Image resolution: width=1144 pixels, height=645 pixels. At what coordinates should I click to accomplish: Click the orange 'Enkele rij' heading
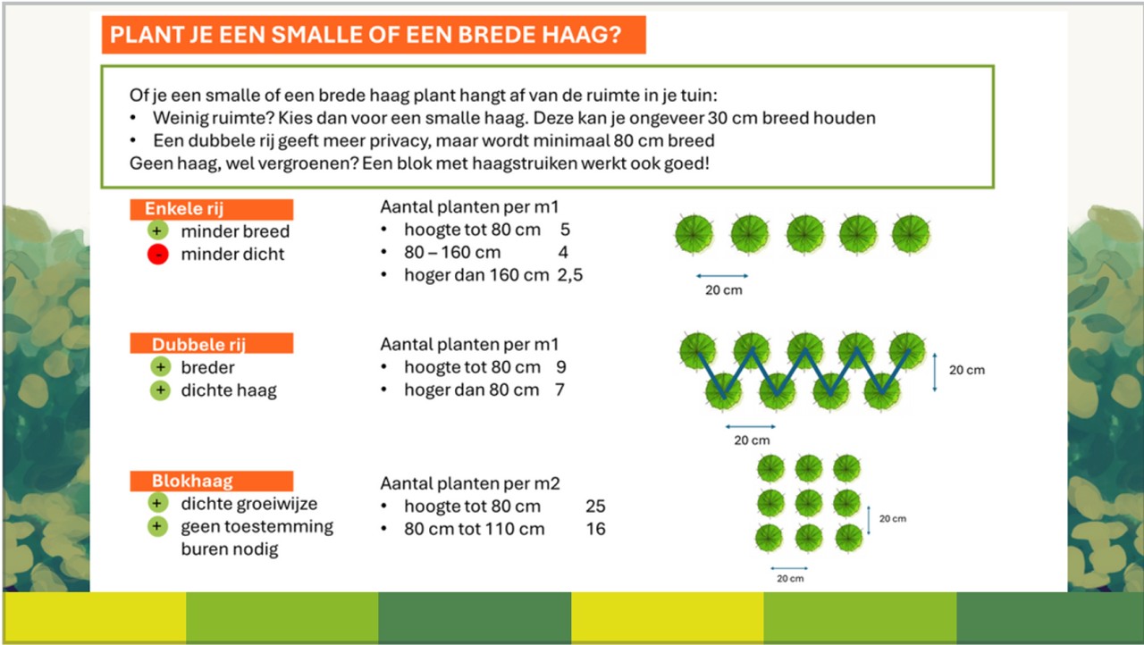(x=212, y=209)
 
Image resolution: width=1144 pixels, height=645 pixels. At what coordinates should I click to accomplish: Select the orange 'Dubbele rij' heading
(x=212, y=343)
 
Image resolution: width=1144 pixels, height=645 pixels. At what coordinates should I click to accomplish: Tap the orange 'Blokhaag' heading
(x=212, y=482)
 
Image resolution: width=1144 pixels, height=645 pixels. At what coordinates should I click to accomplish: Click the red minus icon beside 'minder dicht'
(x=158, y=254)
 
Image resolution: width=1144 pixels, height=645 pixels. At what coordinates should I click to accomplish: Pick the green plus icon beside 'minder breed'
(x=158, y=230)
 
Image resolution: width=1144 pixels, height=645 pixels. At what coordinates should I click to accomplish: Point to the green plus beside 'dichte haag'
(x=160, y=390)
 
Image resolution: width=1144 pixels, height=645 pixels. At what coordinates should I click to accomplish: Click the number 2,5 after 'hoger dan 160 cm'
(x=570, y=275)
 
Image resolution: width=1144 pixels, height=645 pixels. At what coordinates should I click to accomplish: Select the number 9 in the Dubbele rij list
(x=561, y=367)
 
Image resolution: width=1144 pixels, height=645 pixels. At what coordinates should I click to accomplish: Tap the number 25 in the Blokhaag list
(x=595, y=507)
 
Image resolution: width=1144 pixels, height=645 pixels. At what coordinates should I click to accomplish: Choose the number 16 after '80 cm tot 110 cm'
(x=595, y=529)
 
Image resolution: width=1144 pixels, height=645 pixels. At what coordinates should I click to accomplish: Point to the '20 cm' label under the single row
(x=724, y=289)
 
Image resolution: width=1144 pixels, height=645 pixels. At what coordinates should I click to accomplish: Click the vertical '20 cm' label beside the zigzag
(x=967, y=370)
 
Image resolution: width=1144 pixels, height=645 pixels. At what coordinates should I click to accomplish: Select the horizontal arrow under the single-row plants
(x=722, y=276)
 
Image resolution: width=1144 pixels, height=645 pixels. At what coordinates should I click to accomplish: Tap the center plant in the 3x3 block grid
(x=809, y=504)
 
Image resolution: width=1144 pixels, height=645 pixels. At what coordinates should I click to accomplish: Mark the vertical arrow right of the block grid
(x=869, y=520)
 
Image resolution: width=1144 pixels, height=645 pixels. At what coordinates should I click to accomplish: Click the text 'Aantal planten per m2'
(x=470, y=483)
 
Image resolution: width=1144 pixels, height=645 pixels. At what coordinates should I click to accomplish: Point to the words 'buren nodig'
(x=230, y=549)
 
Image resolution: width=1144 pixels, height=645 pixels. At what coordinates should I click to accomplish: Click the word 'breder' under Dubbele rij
(x=208, y=367)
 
